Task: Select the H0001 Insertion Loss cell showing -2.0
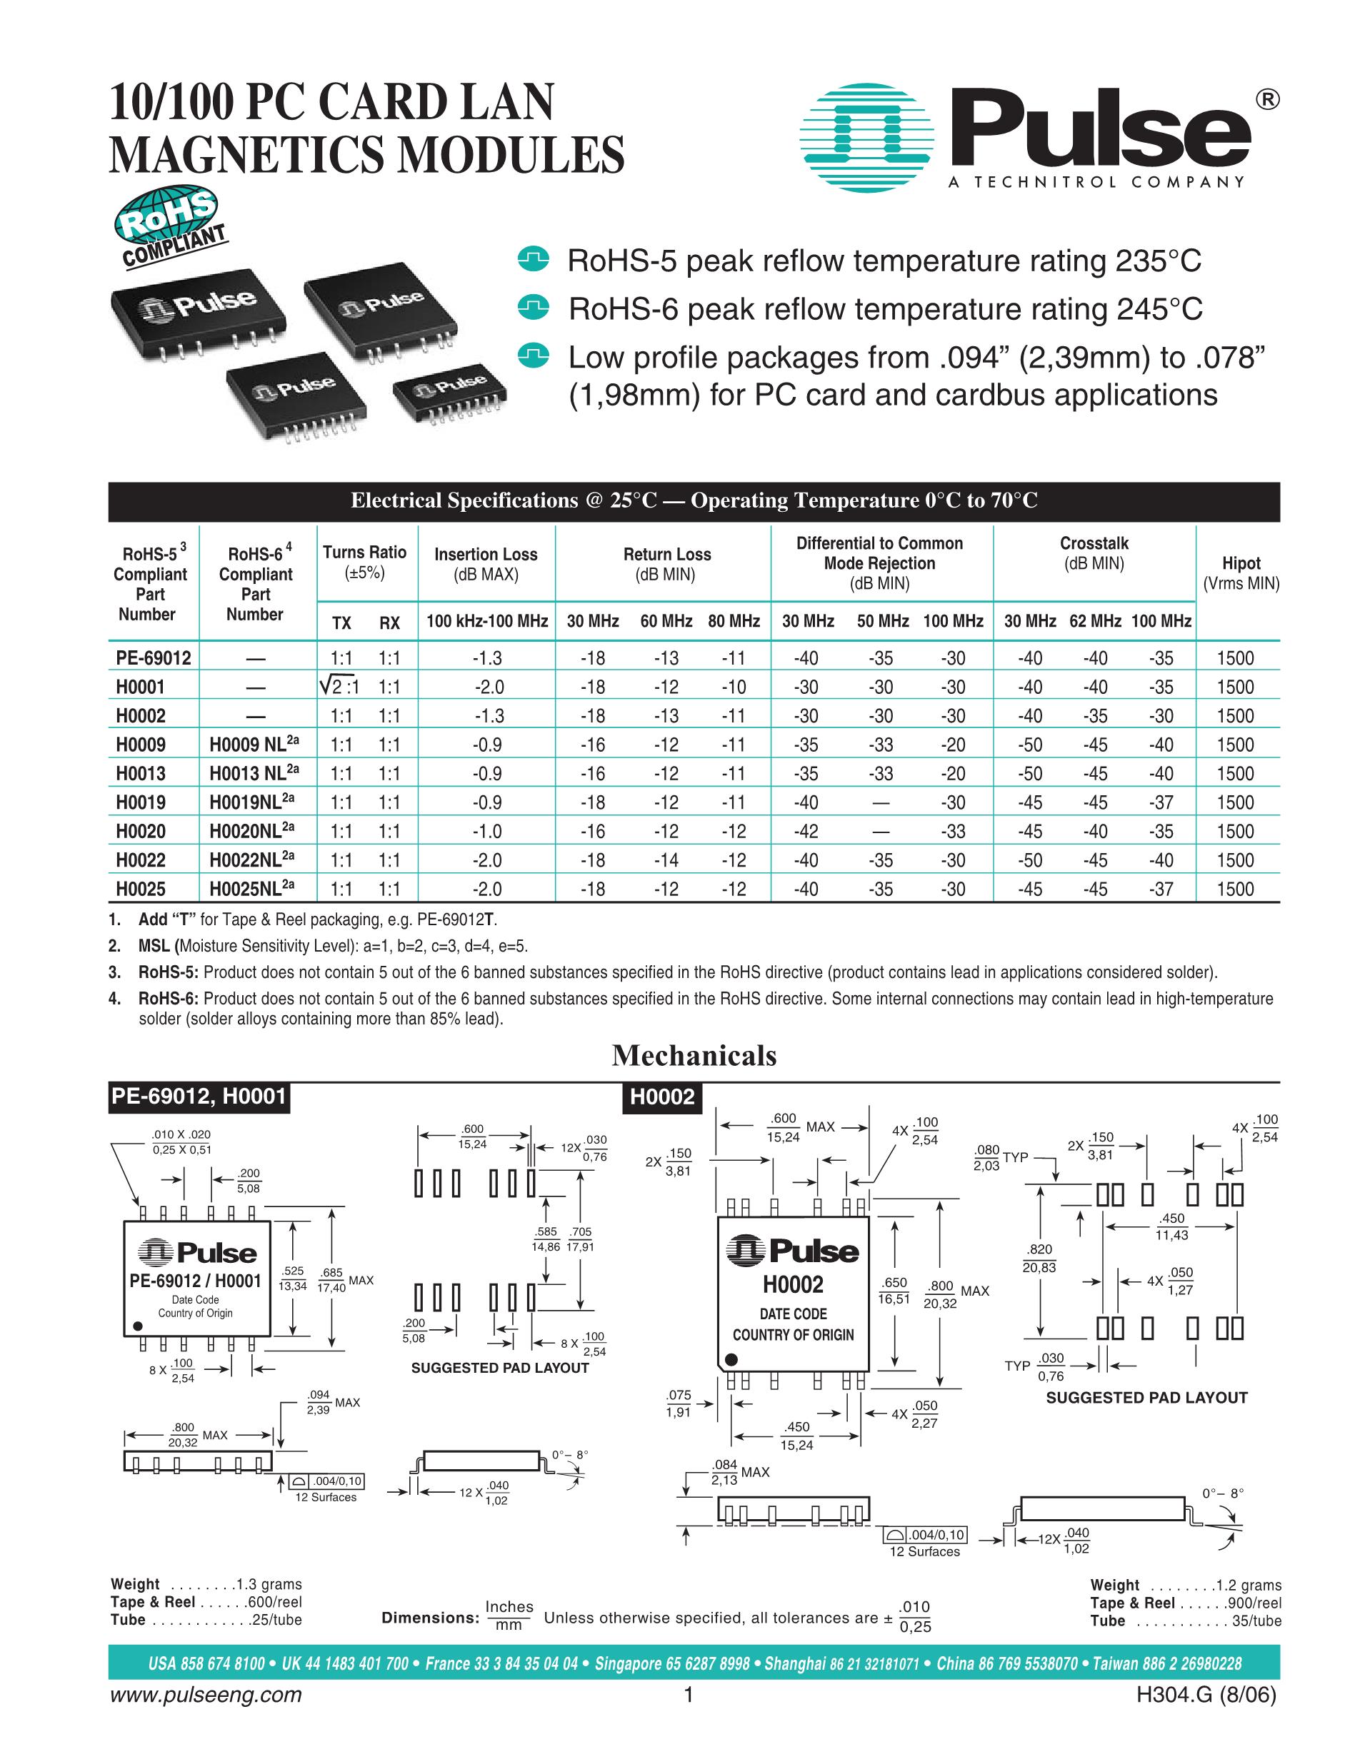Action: (487, 687)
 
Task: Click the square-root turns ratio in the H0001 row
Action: (339, 687)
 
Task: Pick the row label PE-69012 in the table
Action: (153, 658)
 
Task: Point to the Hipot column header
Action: (1241, 573)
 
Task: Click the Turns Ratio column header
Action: (364, 561)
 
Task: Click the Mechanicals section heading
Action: (694, 1055)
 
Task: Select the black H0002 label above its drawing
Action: (661, 1097)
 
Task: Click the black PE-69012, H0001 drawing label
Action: (198, 1097)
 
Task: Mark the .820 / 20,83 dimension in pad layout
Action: (1039, 1258)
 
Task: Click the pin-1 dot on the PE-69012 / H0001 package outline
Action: (138, 1326)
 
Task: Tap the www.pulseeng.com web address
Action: (205, 1695)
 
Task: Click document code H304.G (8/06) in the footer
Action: (1205, 1695)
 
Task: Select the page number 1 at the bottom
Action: (688, 1695)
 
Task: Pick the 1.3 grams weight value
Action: (269, 1584)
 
